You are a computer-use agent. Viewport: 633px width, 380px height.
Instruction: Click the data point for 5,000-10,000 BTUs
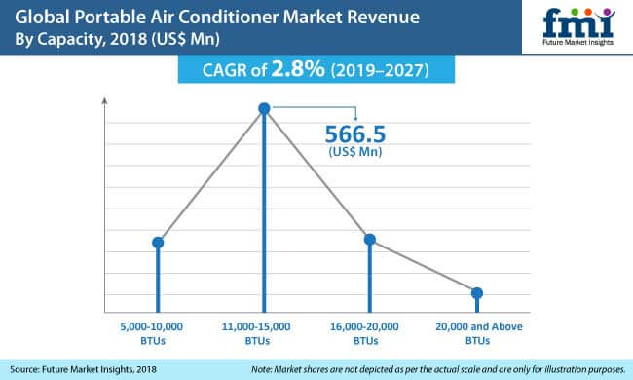[x=158, y=242]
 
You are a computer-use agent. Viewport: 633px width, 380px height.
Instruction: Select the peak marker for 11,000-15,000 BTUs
[x=264, y=110]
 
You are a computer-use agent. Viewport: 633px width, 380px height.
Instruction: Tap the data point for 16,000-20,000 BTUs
[x=369, y=239]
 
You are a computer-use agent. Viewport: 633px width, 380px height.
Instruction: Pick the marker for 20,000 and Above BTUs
[x=476, y=293]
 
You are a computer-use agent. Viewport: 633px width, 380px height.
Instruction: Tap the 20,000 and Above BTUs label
[x=476, y=332]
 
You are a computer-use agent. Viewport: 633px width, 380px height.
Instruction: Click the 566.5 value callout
[x=356, y=136]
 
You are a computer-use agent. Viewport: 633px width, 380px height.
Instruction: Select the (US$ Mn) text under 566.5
[x=356, y=154]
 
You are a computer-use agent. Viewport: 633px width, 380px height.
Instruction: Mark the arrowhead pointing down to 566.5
[x=354, y=121]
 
